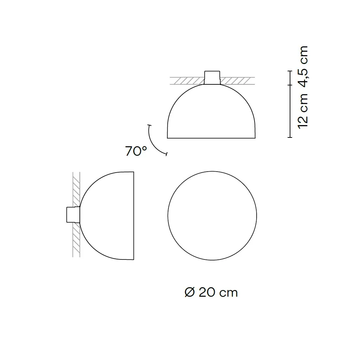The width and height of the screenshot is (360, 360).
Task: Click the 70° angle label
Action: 136,152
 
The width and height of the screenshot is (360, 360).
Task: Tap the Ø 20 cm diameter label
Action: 211,292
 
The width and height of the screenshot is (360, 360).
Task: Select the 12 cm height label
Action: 303,111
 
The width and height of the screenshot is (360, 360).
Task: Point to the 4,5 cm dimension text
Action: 303,65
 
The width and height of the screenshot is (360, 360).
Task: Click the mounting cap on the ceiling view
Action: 213,77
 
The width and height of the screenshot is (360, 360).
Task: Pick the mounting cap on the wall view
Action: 73,215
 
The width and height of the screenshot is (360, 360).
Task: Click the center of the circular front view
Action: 212,216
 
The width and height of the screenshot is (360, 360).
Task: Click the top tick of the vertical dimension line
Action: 290,71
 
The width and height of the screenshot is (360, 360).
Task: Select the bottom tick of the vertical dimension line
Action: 290,137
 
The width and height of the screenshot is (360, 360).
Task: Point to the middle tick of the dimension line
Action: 290,85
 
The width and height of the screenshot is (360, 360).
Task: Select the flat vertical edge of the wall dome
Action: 134,216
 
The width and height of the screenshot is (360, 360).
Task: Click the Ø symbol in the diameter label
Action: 189,292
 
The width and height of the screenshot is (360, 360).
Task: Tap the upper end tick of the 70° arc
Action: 149,126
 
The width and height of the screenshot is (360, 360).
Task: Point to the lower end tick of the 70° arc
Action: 166,154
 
